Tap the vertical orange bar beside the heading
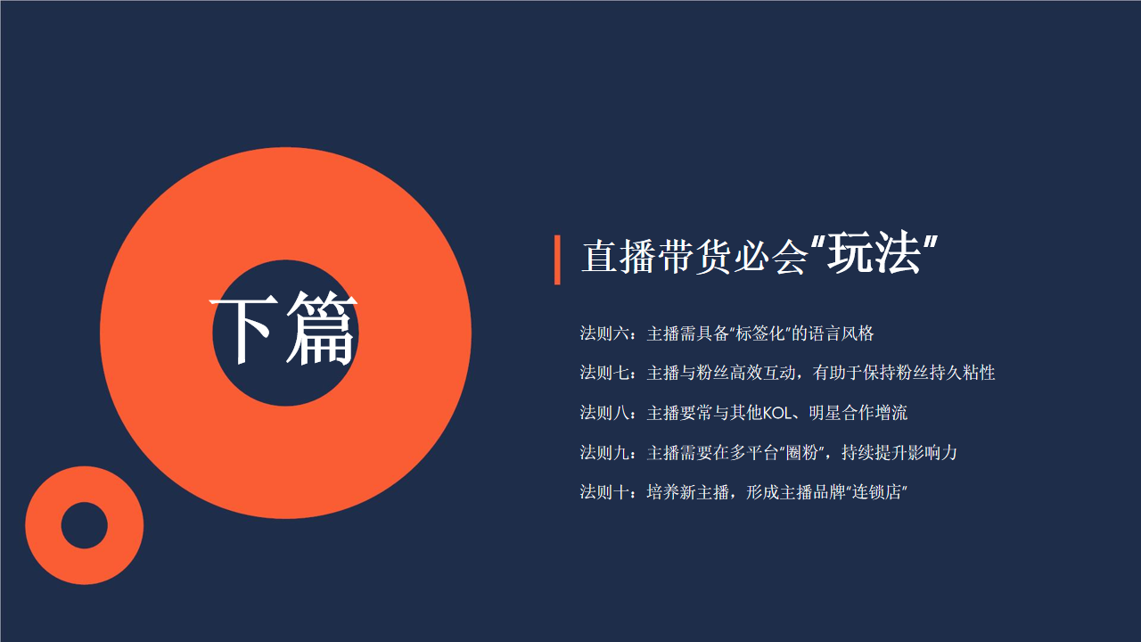[557, 259]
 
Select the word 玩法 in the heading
[874, 253]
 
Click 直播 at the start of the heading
[619, 256]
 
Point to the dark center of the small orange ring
[85, 525]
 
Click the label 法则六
[604, 333]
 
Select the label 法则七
[604, 373]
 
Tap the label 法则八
[604, 413]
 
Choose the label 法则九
[604, 452]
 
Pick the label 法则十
[604, 492]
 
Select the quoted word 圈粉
[802, 452]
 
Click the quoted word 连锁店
[877, 492]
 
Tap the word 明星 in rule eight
[825, 413]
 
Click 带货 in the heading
[695, 256]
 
